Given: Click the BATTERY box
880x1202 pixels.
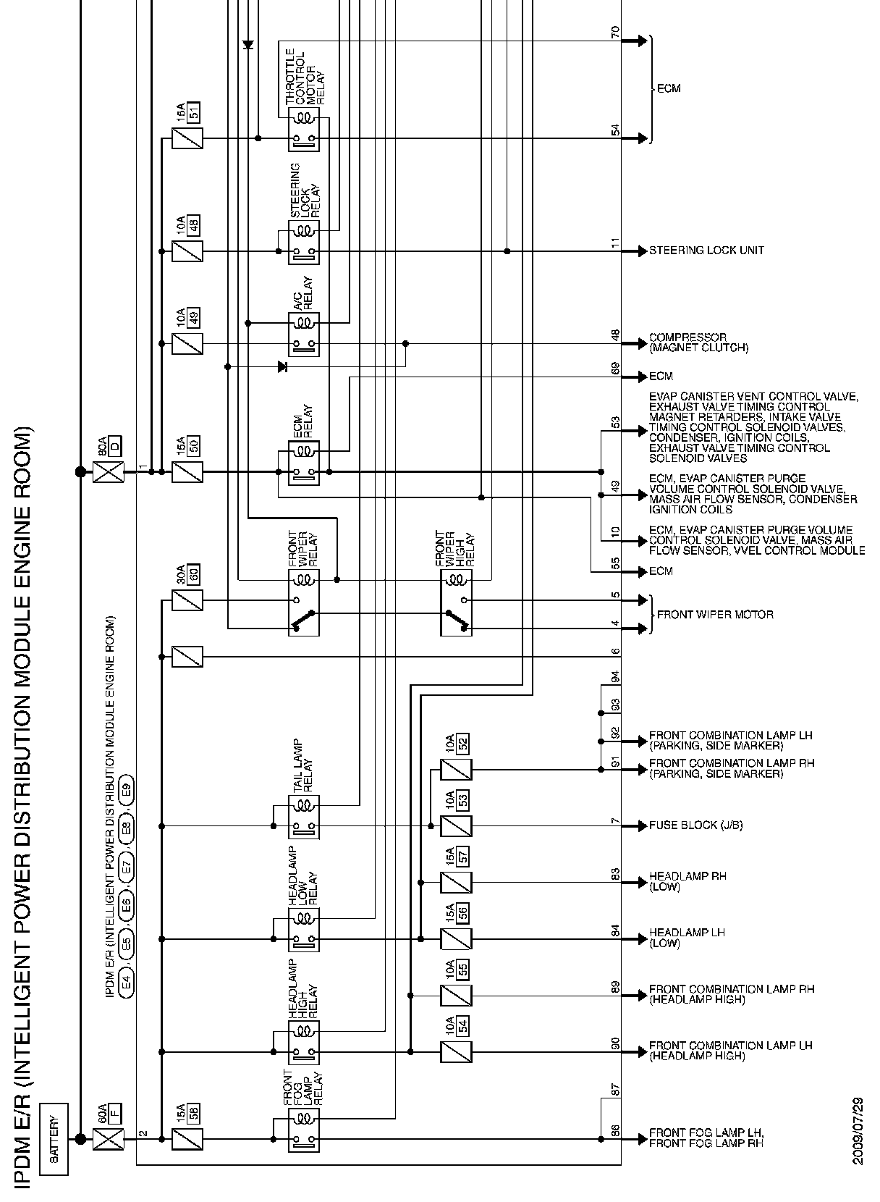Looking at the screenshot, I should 54,1139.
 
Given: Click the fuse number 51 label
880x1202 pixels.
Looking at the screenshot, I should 193,112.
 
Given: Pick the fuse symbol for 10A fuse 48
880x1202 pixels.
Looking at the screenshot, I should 187,251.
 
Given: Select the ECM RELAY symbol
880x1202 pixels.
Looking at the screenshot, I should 304,464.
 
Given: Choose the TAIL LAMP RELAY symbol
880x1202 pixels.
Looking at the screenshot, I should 304,818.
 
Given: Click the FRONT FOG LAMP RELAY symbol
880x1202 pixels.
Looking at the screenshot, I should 304,1130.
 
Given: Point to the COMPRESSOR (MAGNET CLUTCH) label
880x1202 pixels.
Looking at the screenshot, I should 698,342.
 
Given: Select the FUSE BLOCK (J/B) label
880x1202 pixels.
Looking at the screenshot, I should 695,825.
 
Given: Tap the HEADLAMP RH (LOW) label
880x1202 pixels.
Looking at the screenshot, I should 687,881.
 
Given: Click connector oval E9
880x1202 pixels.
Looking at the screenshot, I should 127,789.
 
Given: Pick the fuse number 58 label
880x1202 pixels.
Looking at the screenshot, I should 193,1114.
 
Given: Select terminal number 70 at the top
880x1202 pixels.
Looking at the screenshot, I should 616,33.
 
